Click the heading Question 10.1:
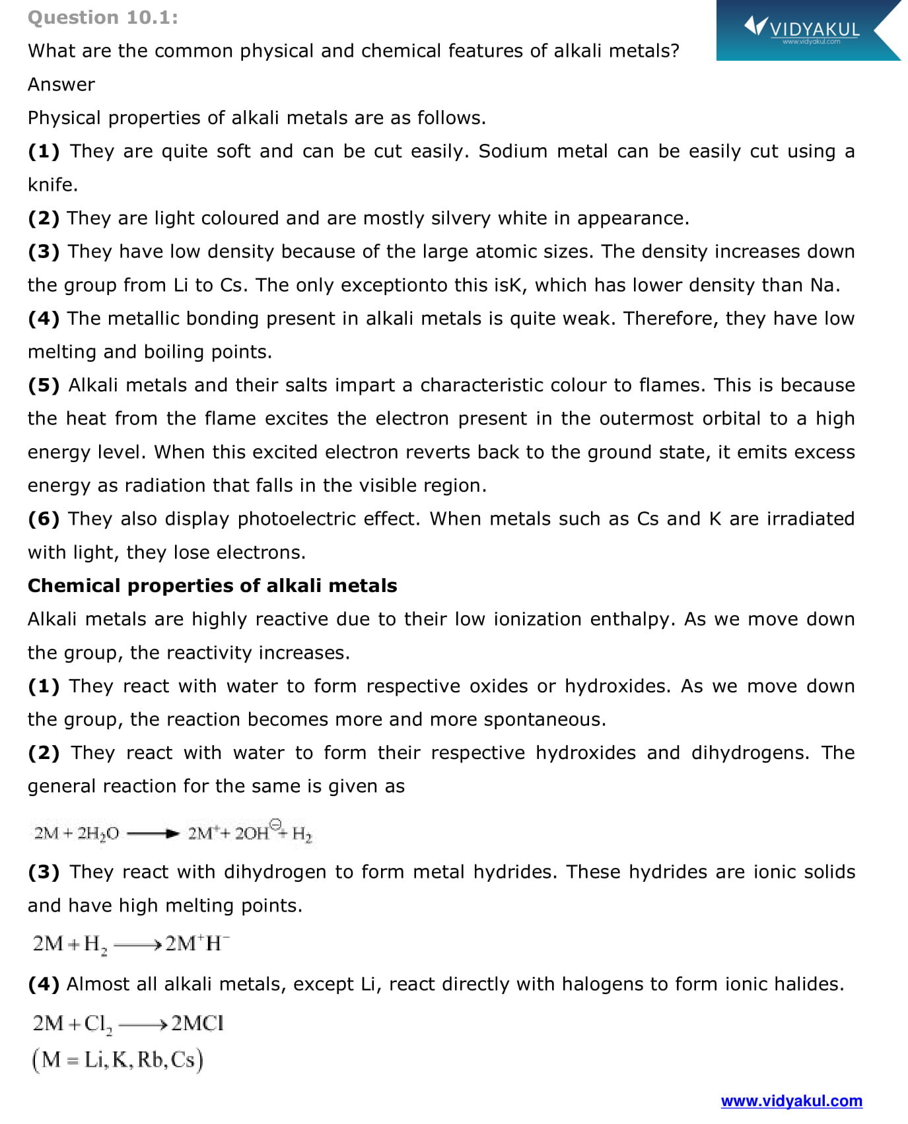coord(102,18)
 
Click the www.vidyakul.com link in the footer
coord(791,1100)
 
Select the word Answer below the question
coord(61,84)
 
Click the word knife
coord(52,185)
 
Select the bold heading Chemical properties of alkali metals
coord(212,585)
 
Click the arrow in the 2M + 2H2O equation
coord(153,834)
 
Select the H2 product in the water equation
coord(302,834)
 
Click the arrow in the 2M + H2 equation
coord(137,945)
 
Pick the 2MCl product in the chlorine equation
coord(197,1023)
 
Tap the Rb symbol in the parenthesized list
coord(151,1059)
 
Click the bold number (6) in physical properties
coord(44,519)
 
